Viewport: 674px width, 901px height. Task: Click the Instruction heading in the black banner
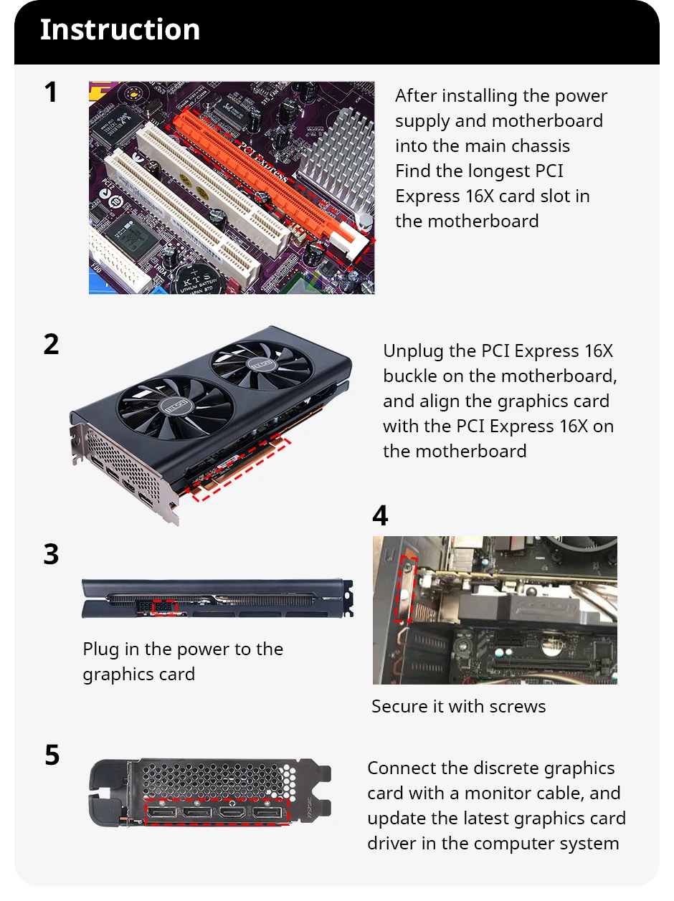click(x=120, y=30)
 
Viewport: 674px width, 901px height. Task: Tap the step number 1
click(x=50, y=93)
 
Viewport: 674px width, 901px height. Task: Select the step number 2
click(x=51, y=345)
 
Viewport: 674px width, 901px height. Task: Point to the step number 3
click(x=51, y=555)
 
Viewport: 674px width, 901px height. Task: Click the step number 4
click(x=380, y=516)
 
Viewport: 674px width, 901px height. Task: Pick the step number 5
click(x=52, y=755)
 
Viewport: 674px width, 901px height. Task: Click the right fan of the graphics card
click(x=262, y=366)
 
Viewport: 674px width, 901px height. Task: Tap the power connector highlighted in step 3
click(x=165, y=606)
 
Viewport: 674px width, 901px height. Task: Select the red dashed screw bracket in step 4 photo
click(x=406, y=587)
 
